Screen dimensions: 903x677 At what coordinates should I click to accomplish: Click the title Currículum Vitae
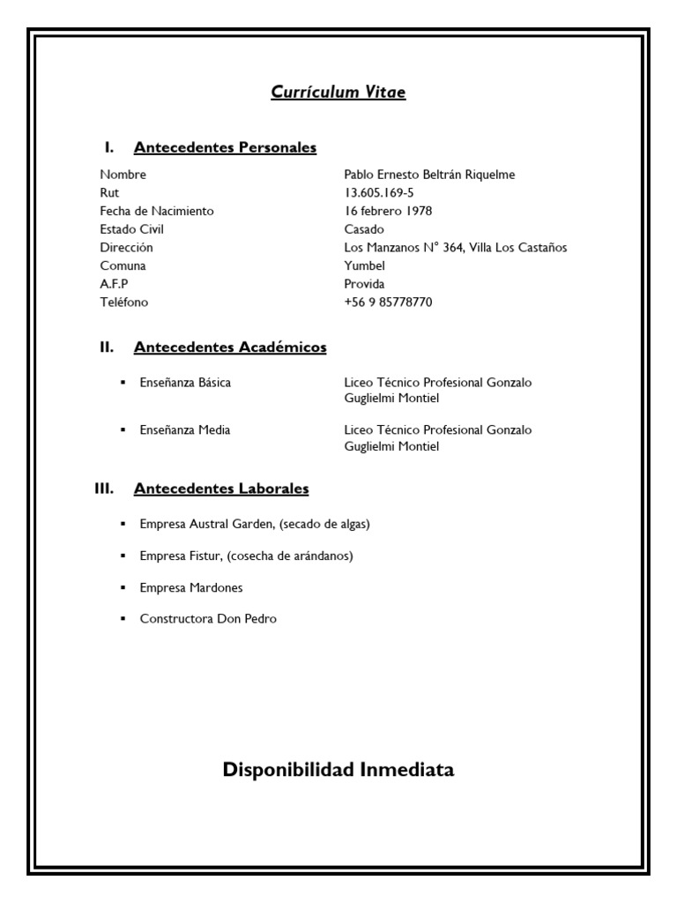pos(338,92)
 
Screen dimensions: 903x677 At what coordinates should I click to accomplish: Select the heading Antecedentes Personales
pos(225,147)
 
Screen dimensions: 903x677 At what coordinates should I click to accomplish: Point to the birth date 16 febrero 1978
pos(388,211)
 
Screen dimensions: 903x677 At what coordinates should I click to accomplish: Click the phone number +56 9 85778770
pos(388,302)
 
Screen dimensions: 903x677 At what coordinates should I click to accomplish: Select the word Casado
pos(364,229)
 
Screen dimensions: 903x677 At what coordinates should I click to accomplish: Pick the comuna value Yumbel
pos(364,265)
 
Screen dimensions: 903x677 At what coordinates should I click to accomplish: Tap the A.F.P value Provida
pos(364,284)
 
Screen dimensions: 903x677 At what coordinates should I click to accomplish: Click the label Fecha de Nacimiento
pos(157,211)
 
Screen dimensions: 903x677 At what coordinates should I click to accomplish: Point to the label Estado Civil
pos(131,229)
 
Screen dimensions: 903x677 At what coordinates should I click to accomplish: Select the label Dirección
pos(126,248)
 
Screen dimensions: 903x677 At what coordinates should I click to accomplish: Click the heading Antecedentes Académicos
pos(229,347)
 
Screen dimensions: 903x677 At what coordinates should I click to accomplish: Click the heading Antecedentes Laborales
pos(220,488)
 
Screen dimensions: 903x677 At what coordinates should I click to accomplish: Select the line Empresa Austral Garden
pos(255,524)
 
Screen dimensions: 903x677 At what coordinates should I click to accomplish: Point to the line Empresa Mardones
pos(190,587)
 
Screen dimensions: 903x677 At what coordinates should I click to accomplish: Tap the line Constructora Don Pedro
pos(208,619)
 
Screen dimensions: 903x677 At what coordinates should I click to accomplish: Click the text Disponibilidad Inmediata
pos(338,770)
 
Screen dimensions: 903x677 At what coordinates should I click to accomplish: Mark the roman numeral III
pos(107,488)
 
